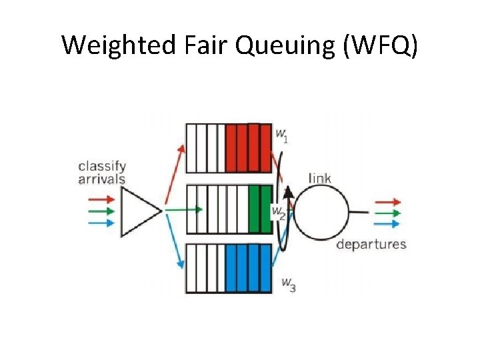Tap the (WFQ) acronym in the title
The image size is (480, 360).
[x=381, y=45]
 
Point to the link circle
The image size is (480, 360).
[x=321, y=212]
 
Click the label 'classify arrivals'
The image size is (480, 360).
[x=101, y=172]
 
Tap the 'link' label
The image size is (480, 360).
[x=320, y=178]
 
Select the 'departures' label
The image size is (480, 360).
[x=371, y=244]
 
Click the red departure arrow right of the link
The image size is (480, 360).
[x=388, y=201]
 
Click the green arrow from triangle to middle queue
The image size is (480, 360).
[x=183, y=209]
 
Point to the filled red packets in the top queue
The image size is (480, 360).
[x=248, y=148]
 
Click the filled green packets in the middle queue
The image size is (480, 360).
[x=259, y=209]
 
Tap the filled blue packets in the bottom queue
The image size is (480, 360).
[x=248, y=268]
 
